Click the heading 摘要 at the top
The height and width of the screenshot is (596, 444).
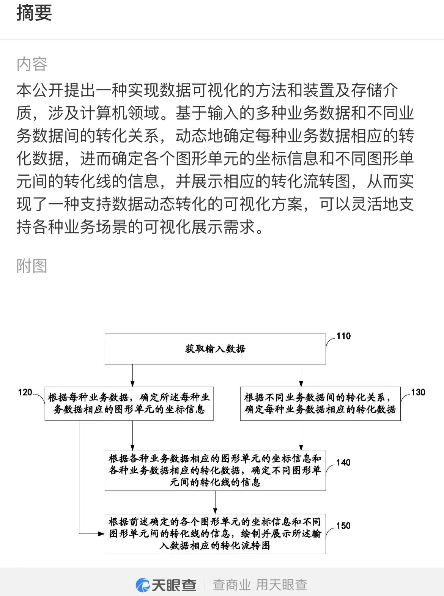(34, 13)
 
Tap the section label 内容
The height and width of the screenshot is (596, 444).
(32, 64)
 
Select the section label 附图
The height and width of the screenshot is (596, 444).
(32, 266)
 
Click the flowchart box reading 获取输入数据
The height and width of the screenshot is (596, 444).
(215, 349)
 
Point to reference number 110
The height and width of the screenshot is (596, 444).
(343, 336)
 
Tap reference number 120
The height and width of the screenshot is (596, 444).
(25, 392)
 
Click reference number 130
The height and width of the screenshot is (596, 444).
(418, 392)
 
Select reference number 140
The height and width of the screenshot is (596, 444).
(343, 462)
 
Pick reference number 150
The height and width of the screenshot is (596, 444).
(343, 525)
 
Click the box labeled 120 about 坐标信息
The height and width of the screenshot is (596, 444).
(129, 404)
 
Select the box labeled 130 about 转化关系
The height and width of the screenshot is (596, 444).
(320, 404)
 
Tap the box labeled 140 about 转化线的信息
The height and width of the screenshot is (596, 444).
(215, 471)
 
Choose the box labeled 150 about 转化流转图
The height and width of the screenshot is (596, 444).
(215, 534)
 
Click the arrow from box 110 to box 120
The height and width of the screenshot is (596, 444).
(132, 376)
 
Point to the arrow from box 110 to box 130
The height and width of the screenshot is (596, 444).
(301, 376)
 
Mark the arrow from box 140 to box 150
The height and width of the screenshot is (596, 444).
(215, 503)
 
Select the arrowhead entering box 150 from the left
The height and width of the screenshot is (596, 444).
(102, 534)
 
